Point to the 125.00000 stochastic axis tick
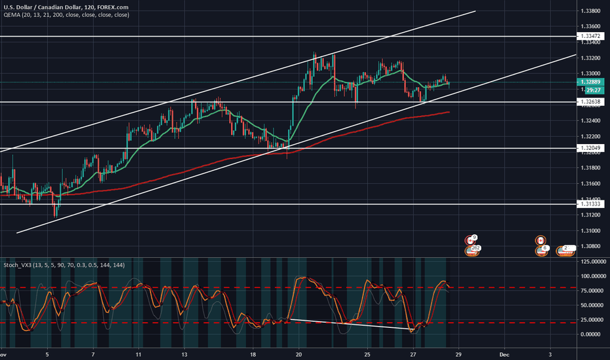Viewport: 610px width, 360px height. click(x=592, y=261)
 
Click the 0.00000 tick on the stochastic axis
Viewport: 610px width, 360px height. click(x=592, y=334)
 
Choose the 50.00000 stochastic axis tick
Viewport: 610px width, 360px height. click(x=592, y=305)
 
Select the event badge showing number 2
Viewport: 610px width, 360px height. click(x=565, y=249)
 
